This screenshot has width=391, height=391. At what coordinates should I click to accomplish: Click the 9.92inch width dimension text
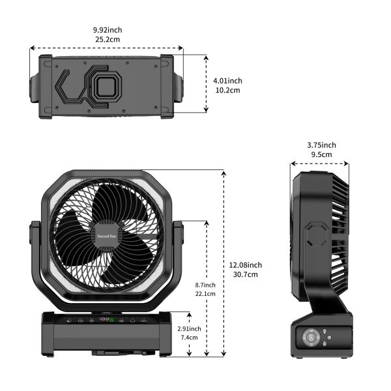click(107, 29)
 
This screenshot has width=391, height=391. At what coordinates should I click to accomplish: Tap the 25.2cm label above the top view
click(107, 39)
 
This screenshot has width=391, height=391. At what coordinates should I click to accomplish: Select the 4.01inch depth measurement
click(227, 80)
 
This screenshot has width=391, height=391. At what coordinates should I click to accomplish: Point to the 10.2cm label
click(227, 90)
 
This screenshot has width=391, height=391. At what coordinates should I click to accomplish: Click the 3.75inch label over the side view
click(321, 145)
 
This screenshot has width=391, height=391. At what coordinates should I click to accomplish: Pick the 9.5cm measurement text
click(321, 154)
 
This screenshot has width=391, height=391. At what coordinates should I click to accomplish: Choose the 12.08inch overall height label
click(246, 265)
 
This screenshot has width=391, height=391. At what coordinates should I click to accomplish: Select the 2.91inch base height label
click(190, 328)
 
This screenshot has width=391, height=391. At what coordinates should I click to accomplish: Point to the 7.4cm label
click(190, 338)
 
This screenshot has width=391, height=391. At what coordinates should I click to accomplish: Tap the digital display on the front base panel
click(106, 321)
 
